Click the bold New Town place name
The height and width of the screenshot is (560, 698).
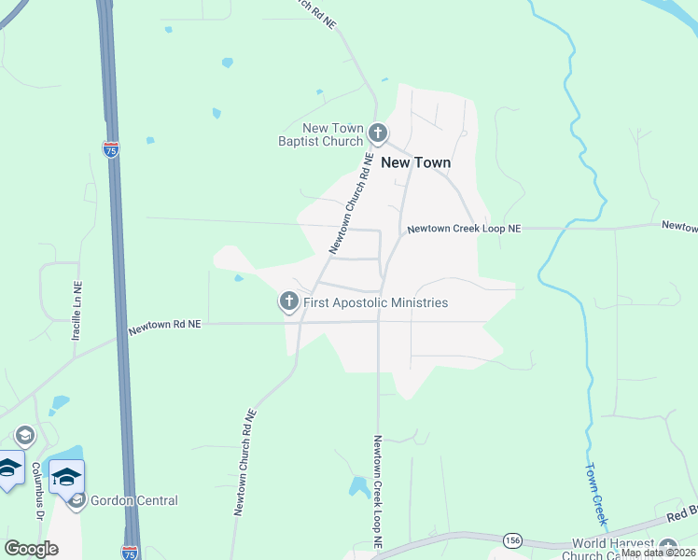(415, 162)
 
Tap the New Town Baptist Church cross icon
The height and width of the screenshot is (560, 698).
(377, 133)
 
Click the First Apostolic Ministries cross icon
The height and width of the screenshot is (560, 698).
(288, 301)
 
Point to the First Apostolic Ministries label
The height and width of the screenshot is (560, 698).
(374, 302)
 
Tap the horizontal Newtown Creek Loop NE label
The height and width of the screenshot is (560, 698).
(464, 228)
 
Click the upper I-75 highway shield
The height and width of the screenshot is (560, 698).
(111, 149)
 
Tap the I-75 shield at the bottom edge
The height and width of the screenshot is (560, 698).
(130, 553)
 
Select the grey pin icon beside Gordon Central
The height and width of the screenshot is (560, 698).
(77, 501)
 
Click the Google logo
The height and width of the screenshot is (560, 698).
(31, 549)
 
